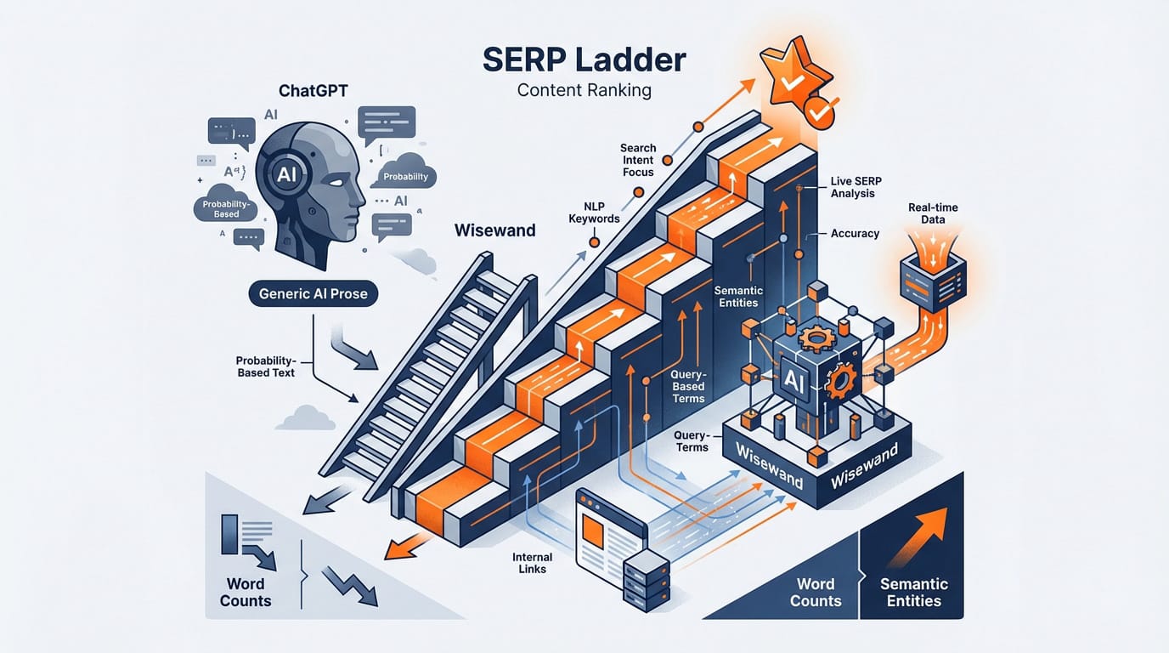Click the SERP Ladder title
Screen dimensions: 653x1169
point(584,61)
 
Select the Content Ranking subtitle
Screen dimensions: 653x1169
point(584,89)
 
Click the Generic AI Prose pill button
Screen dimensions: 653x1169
point(313,294)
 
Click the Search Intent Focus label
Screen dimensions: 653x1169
point(638,160)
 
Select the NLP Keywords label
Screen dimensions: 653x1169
point(594,212)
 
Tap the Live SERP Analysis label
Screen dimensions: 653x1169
point(854,187)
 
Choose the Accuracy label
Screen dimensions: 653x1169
point(855,233)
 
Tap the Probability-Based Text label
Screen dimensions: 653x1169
point(265,366)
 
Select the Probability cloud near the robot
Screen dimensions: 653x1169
point(405,175)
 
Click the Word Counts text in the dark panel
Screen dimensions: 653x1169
point(816,593)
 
